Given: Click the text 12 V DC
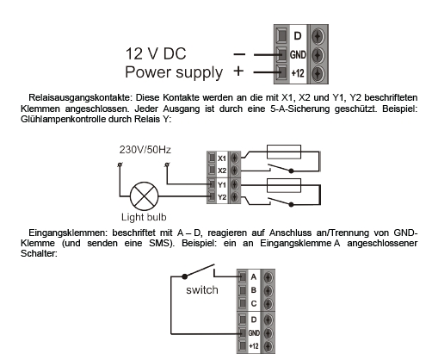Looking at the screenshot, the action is point(156,53).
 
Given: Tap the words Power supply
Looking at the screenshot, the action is point(174,72).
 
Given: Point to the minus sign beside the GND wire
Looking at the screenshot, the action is point(239,54).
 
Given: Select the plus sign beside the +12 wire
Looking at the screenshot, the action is point(238,71).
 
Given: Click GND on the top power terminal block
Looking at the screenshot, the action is point(298,54).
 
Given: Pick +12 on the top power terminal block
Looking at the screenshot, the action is point(298,73).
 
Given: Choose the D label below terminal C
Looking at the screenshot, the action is point(254,320).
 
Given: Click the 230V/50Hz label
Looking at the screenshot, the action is point(145,150).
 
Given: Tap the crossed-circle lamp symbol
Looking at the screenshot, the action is point(145,196).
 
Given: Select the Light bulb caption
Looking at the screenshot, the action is point(144,217).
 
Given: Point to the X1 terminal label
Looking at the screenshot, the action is point(222,158).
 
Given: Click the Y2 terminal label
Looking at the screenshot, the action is point(222,197).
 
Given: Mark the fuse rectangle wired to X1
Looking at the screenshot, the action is point(284,152).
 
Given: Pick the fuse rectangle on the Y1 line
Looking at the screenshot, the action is point(284,185).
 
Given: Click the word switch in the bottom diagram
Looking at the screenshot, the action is point(202,290).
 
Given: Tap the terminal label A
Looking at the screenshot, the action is point(253,277).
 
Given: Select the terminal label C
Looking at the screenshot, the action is point(254,303).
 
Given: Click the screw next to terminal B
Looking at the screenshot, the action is point(268,290).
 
